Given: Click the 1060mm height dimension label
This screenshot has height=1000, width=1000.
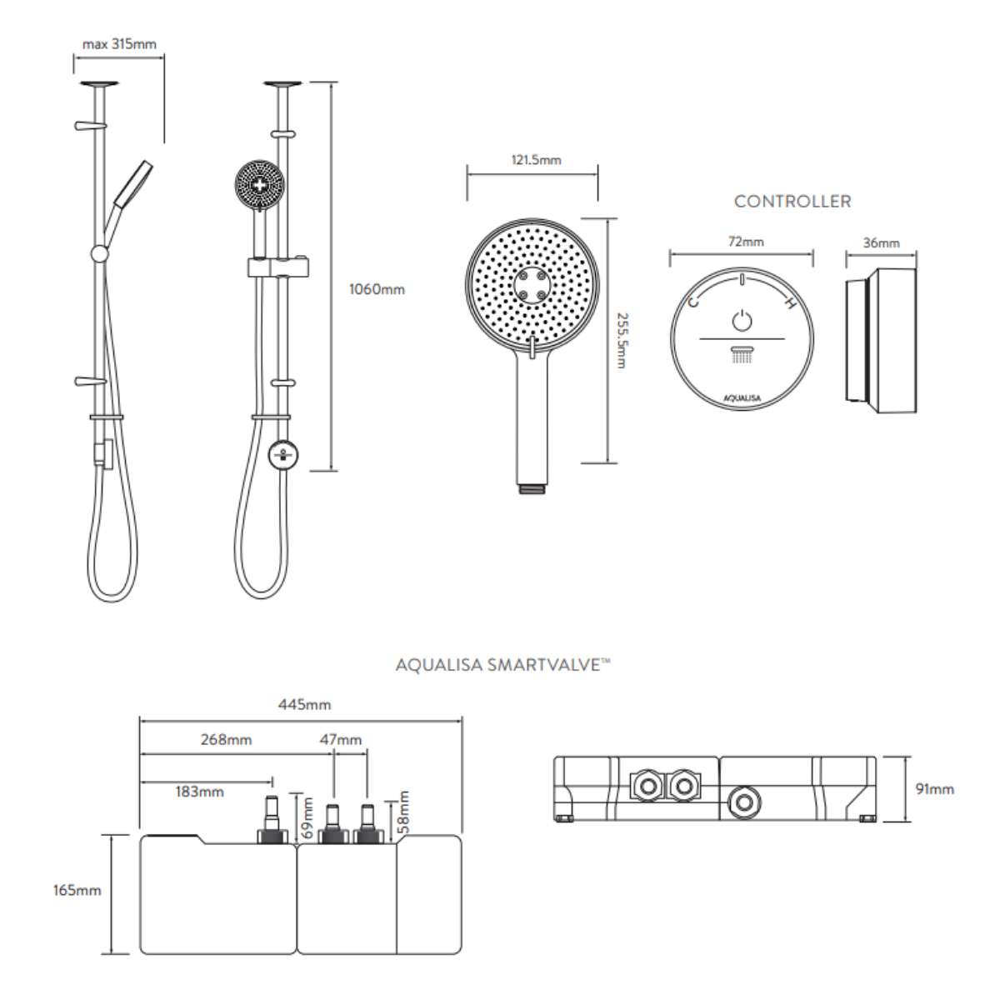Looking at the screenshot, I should click(377, 289).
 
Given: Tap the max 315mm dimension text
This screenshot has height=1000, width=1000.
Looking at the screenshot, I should click(119, 44).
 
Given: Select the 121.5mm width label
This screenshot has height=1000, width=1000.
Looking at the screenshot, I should click(536, 160).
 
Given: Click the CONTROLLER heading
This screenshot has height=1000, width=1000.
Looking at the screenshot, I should click(792, 201).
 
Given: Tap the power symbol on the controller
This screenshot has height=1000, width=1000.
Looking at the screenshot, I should click(742, 320).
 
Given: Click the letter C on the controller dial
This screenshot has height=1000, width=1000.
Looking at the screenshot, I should click(692, 301).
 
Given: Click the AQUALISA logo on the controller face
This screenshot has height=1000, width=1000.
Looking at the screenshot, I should click(742, 398).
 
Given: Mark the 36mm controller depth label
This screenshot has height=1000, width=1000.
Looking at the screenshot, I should click(881, 243).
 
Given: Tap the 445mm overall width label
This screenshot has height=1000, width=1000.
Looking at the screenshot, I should click(304, 704).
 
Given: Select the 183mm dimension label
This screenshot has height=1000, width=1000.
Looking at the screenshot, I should click(199, 792).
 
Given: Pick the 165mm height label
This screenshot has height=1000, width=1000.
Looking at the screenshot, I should click(77, 890).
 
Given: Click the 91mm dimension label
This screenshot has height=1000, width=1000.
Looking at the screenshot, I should click(934, 788).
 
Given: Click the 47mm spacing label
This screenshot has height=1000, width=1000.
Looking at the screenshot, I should click(341, 739).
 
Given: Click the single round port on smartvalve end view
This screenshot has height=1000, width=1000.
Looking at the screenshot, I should click(742, 803).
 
